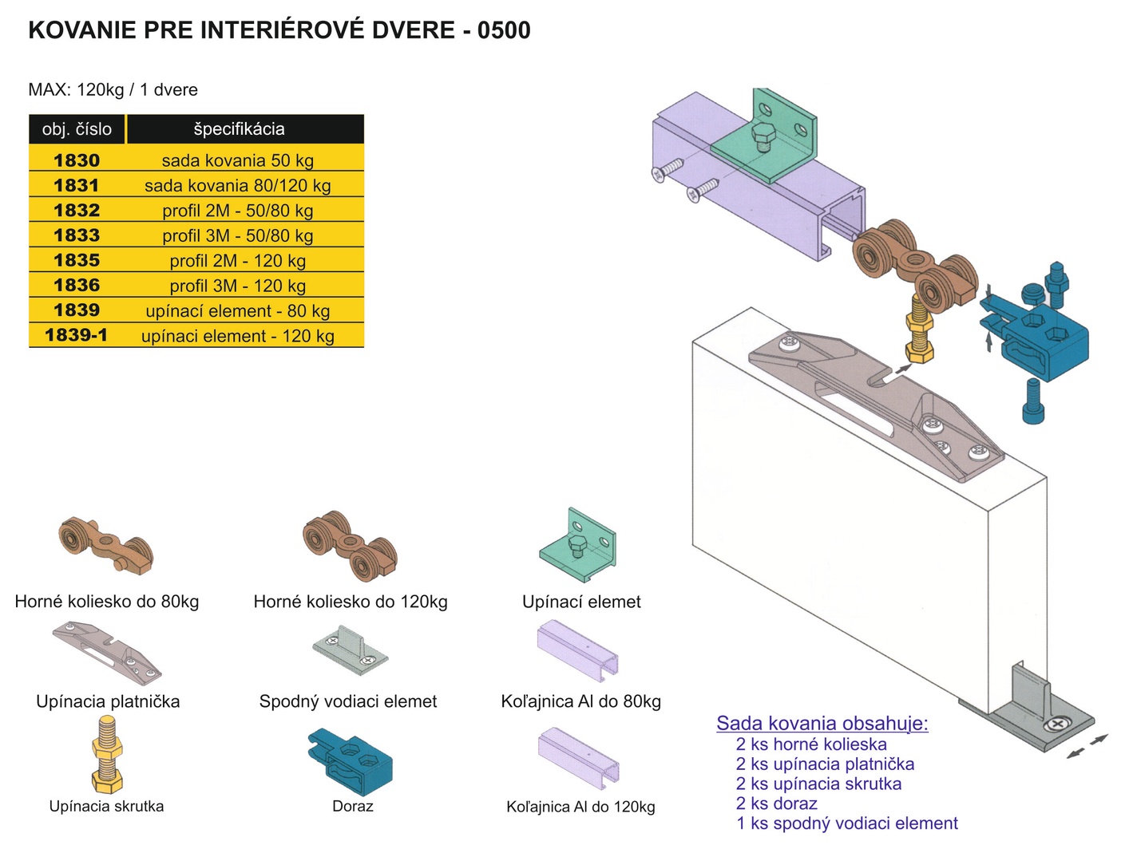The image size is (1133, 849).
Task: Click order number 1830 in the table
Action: coord(77,160)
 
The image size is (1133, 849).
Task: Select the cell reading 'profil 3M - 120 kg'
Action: coord(237,285)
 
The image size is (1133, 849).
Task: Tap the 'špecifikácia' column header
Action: coord(239,128)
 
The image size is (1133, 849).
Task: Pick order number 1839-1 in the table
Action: coord(77,335)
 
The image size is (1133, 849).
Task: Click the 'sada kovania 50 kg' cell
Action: coord(237,160)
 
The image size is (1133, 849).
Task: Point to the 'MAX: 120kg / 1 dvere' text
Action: coord(113,89)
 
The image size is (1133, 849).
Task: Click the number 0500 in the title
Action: coord(504,30)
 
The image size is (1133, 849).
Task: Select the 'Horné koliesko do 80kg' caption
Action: coord(107,602)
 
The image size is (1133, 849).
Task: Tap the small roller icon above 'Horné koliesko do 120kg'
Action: coord(350,547)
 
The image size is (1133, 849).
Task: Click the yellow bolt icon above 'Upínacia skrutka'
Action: coord(107,755)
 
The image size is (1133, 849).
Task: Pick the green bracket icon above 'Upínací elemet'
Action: coord(578,546)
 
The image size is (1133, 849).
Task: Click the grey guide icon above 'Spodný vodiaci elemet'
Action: coord(350,650)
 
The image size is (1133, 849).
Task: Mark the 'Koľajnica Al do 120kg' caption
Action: coord(580,807)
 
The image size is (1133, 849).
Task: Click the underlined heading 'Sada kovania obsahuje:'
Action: coord(822,723)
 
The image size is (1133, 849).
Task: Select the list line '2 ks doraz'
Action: coord(776,803)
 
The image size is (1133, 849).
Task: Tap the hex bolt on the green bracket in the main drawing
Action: coord(761,136)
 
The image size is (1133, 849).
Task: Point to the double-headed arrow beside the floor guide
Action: coord(1087,746)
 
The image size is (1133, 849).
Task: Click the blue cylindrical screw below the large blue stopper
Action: coord(1033,401)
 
